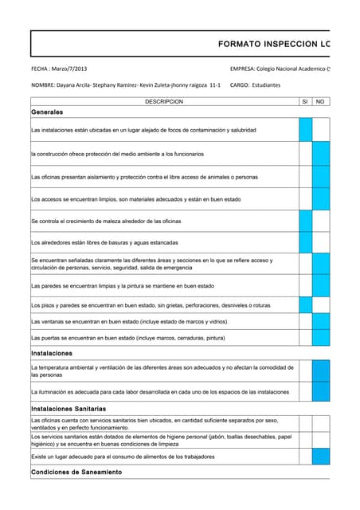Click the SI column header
[x=305, y=102]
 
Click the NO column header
[x=320, y=102]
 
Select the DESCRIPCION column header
[x=164, y=102]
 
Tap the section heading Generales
[x=47, y=112]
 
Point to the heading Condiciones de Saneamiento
[x=76, y=472]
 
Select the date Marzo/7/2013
[x=74, y=70]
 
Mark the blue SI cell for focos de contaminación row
[x=305, y=129]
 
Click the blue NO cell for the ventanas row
[x=320, y=321]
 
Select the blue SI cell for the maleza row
[x=305, y=221]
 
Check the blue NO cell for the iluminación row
[x=320, y=392]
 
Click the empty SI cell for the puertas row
[x=305, y=338]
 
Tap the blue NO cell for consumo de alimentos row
[x=320, y=457]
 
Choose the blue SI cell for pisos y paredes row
[x=305, y=304]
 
